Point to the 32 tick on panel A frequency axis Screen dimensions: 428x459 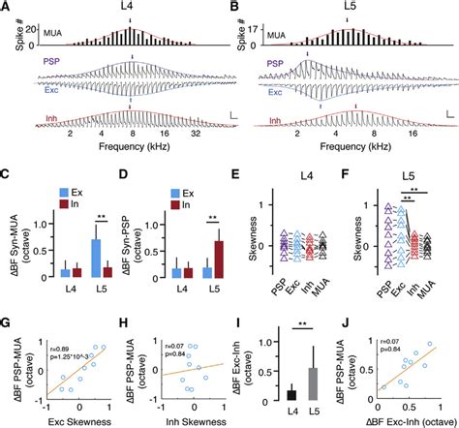point(196,139)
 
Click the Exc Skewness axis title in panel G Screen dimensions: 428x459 point(81,420)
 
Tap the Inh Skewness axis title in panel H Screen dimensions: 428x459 point(193,420)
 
